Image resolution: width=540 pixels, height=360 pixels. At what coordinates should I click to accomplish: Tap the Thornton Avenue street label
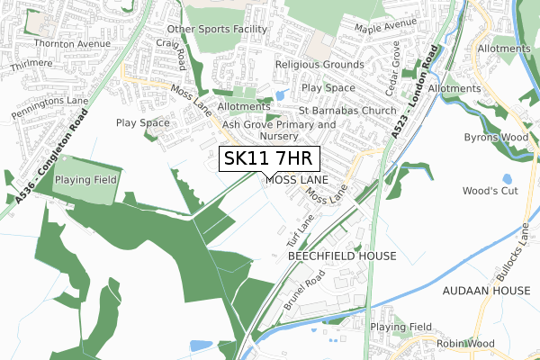point(71,42)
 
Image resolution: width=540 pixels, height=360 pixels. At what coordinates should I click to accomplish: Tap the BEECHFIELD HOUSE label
point(341,256)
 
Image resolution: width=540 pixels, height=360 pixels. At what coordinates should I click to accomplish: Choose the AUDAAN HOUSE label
point(484,292)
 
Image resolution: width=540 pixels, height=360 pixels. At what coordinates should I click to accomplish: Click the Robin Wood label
point(465,344)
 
